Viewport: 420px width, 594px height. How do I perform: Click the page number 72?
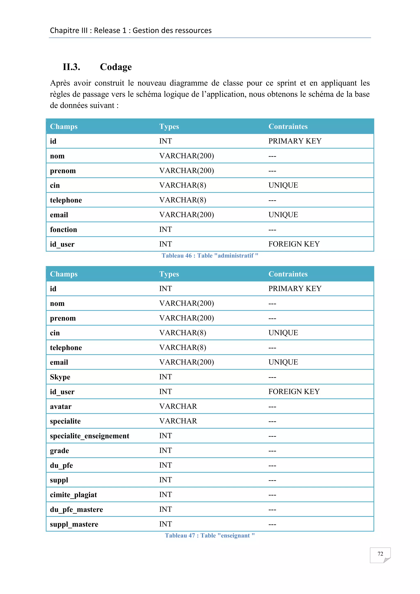tap(380, 554)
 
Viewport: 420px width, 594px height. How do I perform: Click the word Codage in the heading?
tap(116, 67)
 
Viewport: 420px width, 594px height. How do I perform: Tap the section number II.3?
tap(71, 67)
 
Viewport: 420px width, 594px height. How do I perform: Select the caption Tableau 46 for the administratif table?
tap(210, 256)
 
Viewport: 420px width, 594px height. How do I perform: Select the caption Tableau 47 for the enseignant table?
tap(210, 536)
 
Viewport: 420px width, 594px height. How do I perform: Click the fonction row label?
tap(63, 230)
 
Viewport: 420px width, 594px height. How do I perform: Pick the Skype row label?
tap(60, 377)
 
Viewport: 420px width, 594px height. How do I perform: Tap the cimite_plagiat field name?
tap(73, 495)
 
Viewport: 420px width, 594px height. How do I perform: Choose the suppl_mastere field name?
tap(74, 524)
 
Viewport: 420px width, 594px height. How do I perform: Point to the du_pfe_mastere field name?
tap(76, 510)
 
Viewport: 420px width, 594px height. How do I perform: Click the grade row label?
tap(59, 451)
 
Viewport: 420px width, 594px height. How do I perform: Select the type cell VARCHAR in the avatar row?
tap(178, 407)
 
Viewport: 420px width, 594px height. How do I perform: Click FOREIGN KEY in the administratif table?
tap(294, 244)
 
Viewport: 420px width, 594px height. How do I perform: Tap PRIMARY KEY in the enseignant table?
tap(295, 289)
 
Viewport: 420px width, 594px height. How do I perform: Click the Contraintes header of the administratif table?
tap(288, 127)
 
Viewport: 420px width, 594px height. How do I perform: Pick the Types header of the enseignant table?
tap(169, 274)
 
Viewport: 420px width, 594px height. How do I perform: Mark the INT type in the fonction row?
tap(165, 230)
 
